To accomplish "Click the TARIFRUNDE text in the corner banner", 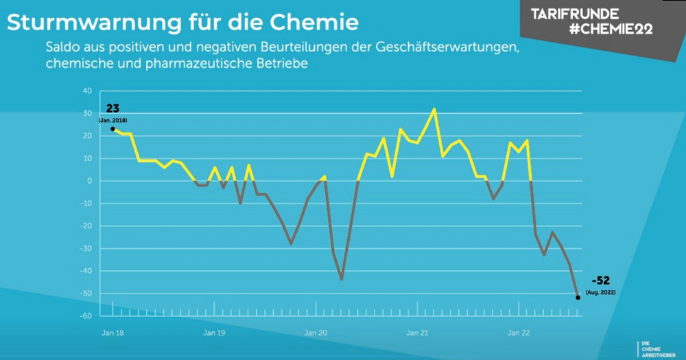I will [x=575, y=14].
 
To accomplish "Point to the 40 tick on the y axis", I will [x=87, y=91].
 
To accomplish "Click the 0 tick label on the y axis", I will [x=88, y=181].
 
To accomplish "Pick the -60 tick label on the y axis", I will [x=86, y=316].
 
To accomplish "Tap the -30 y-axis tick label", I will [x=86, y=248].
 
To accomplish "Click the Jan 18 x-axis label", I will [x=113, y=333].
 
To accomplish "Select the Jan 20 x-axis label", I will [x=315, y=333].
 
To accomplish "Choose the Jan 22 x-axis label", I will [x=518, y=333].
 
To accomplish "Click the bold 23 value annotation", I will [x=113, y=108].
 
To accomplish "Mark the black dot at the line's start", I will [x=113, y=129].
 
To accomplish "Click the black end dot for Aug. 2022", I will [x=578, y=298].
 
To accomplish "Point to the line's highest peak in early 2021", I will [x=434, y=109].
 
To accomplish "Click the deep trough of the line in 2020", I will [x=341, y=280].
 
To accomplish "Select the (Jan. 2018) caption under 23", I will [x=113, y=120].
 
